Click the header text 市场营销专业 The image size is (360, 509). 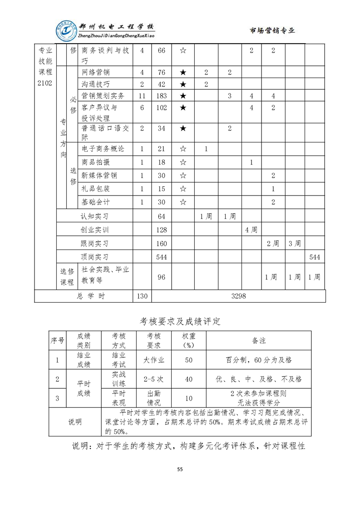coord(272,30)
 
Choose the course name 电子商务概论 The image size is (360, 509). coord(103,149)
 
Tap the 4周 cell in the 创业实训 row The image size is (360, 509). coord(251,230)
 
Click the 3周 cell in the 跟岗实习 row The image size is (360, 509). coord(295,244)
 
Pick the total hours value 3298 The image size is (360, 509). coord(238,296)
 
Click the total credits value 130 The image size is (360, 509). coord(142,296)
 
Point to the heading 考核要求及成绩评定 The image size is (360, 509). coord(180,322)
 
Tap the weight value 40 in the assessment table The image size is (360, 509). coord(189,379)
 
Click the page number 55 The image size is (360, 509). coord(180,470)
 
